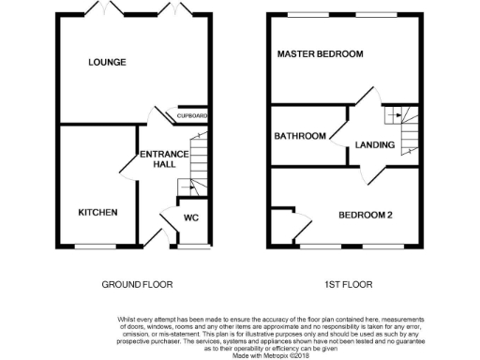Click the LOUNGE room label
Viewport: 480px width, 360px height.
click(x=107, y=63)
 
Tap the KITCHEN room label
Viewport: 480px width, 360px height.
click(x=97, y=213)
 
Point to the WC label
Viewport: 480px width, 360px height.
click(x=191, y=218)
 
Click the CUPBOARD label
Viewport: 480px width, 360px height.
click(x=192, y=116)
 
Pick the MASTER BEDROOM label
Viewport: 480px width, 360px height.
click(x=320, y=54)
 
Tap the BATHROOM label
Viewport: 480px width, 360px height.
click(x=299, y=137)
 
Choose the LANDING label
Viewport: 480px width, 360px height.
click(x=374, y=145)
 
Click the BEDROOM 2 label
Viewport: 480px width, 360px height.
click(x=365, y=215)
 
